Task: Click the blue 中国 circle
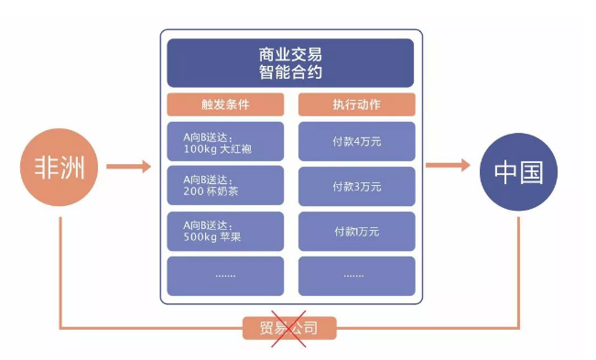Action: pos(517,169)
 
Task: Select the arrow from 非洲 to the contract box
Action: pos(128,167)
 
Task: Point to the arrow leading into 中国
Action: pos(450,167)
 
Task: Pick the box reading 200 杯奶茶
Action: pos(225,187)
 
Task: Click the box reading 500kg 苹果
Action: pos(225,232)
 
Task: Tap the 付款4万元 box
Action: pos(357,142)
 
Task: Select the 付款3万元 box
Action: pos(357,187)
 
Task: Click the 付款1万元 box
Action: pos(357,232)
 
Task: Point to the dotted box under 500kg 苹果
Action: pos(225,276)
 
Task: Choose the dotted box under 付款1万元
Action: pos(357,276)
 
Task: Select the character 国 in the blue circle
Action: pos(533,169)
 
